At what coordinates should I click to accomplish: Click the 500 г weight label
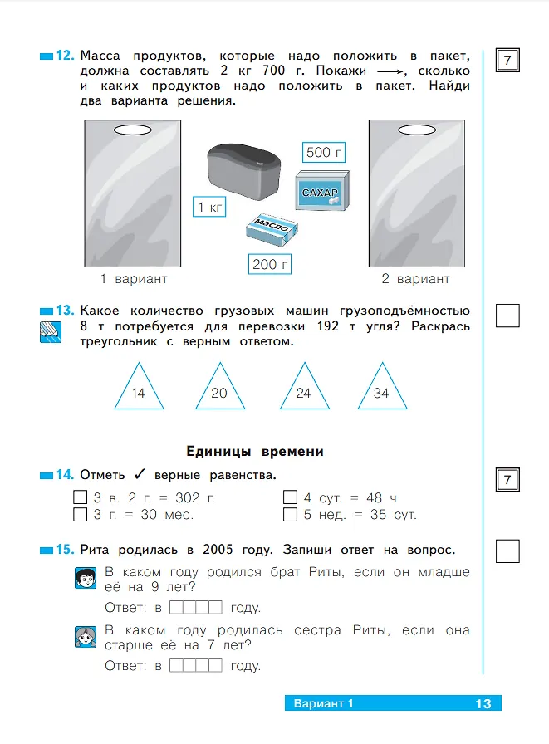point(324,152)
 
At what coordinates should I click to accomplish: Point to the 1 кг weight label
point(209,207)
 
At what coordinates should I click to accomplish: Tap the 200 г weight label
point(270,264)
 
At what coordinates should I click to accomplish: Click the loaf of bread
point(244,170)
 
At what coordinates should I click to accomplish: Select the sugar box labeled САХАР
point(322,191)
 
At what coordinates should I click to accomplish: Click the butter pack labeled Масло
point(272,229)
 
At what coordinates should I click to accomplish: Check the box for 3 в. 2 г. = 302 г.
point(81,497)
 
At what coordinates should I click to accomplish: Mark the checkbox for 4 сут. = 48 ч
point(290,497)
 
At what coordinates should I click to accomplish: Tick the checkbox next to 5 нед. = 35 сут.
point(290,514)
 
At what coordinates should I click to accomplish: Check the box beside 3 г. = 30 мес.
point(81,514)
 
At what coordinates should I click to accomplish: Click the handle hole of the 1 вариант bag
point(132,130)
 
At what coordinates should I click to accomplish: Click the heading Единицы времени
point(255,451)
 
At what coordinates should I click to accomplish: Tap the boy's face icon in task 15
point(86,578)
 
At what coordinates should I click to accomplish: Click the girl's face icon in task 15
point(86,636)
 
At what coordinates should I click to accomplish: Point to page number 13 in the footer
point(483,703)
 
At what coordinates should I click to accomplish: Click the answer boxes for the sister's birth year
point(195,665)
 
